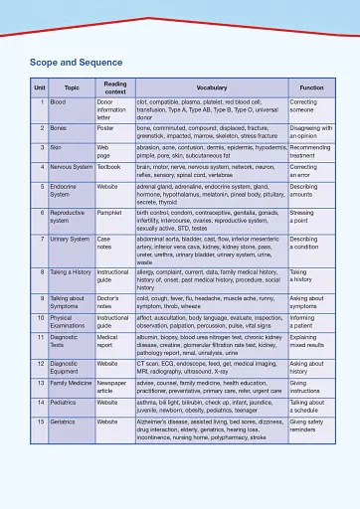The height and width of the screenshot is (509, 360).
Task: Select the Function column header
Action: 311,88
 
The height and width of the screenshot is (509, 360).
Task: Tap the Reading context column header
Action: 114,88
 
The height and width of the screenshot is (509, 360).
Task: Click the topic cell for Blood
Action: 58,102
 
